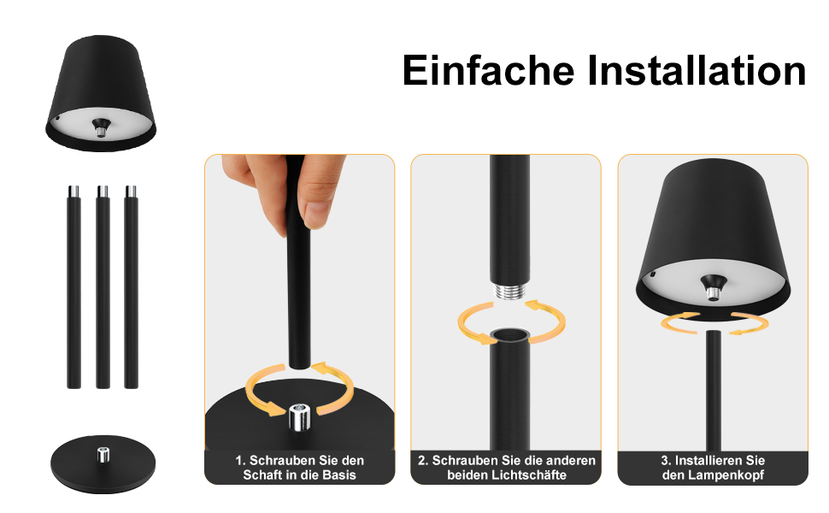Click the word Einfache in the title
(x=488, y=70)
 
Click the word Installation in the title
(x=697, y=70)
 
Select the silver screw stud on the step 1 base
(x=300, y=416)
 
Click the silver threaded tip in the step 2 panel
(x=509, y=292)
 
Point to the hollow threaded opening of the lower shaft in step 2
(x=509, y=334)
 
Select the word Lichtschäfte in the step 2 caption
(x=529, y=475)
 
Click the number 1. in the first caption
(x=240, y=461)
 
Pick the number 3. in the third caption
(x=666, y=461)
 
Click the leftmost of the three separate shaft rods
(x=74, y=287)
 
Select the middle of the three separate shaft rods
(x=103, y=287)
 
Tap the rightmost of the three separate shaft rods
(x=131, y=287)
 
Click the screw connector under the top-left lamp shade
(x=100, y=127)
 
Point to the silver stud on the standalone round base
(x=103, y=454)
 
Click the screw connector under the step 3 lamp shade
(x=714, y=287)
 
